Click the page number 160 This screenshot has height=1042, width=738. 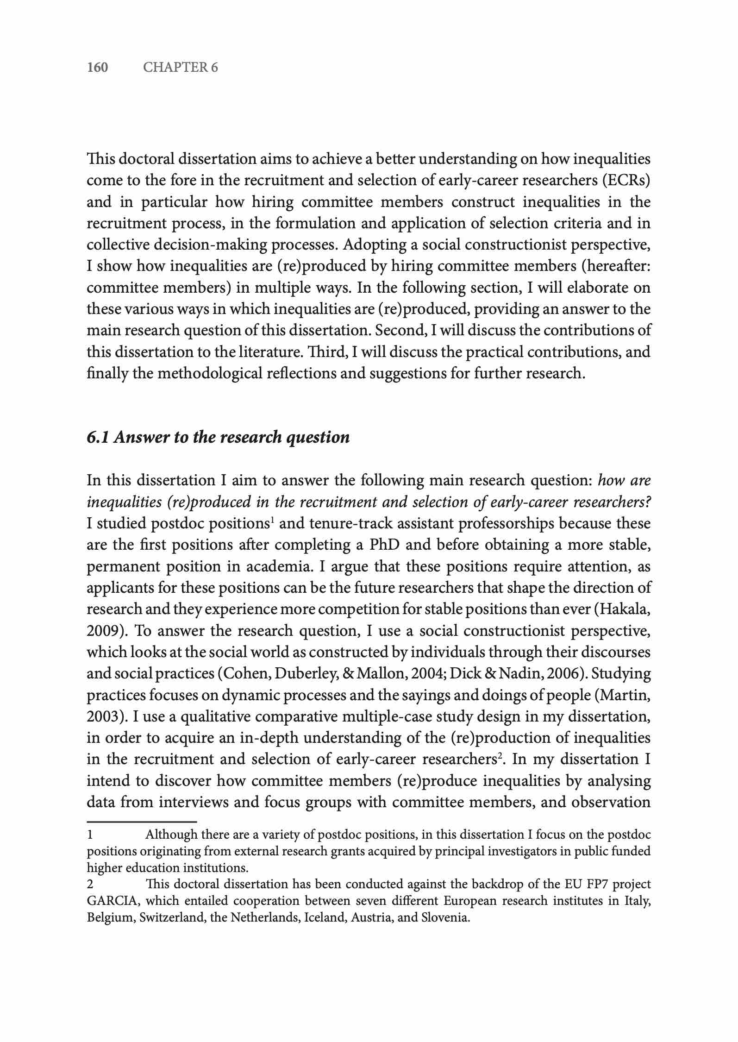[97, 68]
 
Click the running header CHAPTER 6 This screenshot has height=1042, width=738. [180, 68]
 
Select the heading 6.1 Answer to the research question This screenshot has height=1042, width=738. [218, 437]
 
